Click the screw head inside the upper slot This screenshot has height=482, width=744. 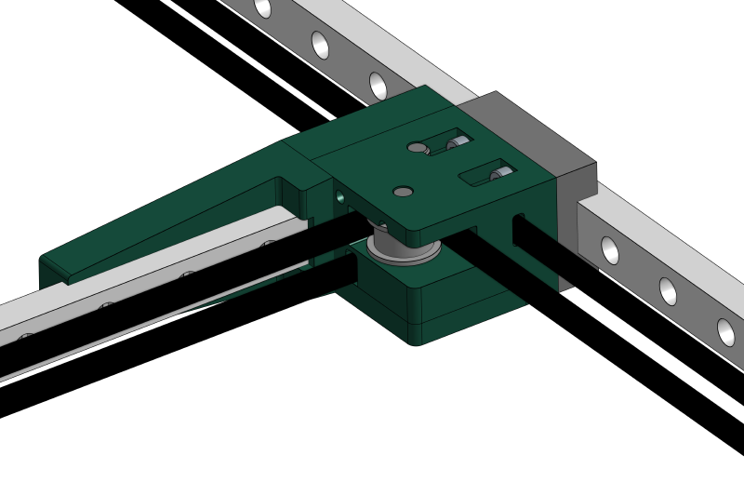click(457, 143)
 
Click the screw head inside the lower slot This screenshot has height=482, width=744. click(499, 173)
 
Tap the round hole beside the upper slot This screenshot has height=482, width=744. click(417, 147)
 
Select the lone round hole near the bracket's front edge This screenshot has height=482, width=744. click(403, 192)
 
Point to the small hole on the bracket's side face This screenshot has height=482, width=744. click(339, 197)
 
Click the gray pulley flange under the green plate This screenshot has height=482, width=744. click(402, 250)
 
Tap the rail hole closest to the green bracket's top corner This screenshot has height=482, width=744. click(378, 86)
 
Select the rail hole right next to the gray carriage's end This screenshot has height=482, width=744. click(610, 250)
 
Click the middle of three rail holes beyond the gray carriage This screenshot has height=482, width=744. click(668, 291)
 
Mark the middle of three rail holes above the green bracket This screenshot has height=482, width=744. click(320, 45)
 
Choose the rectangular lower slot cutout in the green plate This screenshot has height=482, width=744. click(488, 172)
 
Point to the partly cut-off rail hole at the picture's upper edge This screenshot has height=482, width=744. click(263, 7)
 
